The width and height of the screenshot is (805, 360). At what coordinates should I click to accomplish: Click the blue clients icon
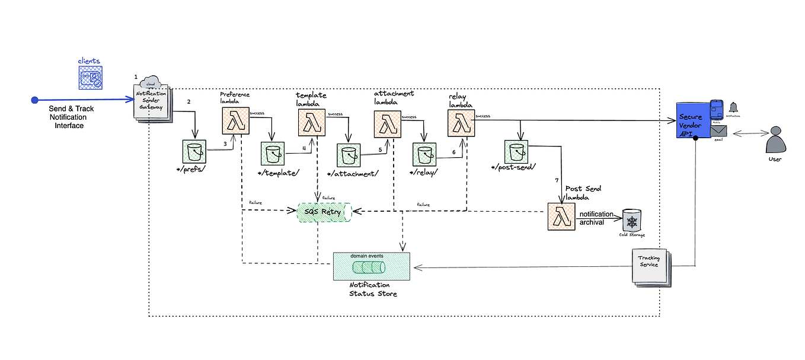click(x=90, y=78)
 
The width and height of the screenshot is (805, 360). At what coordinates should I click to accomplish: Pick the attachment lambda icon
click(x=386, y=125)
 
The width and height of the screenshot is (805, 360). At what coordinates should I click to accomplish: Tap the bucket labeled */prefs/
click(x=195, y=153)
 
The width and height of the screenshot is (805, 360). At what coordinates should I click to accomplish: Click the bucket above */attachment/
click(x=349, y=156)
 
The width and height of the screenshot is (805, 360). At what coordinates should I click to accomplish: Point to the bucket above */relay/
click(x=425, y=155)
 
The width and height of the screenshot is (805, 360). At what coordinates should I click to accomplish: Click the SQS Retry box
click(x=324, y=212)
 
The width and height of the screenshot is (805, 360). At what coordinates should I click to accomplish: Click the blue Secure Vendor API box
click(x=692, y=120)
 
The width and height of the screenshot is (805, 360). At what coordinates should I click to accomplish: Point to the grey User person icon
click(x=775, y=142)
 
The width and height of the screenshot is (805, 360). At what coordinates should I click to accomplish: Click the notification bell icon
click(x=734, y=107)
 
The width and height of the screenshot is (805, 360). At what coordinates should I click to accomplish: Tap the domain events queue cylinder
click(x=368, y=267)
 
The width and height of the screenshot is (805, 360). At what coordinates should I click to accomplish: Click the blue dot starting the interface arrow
click(x=35, y=100)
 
